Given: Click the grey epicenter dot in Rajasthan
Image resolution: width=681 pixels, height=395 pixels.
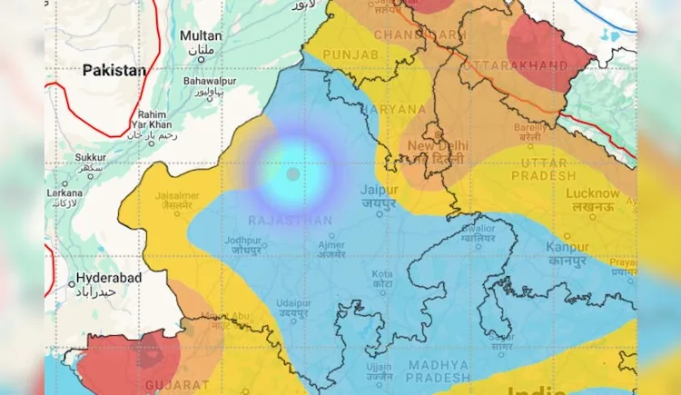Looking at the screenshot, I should (x=292, y=173).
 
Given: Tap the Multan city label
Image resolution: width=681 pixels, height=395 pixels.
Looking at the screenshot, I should (x=201, y=35).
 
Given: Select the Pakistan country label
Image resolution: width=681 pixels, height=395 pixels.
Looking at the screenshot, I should (x=113, y=70).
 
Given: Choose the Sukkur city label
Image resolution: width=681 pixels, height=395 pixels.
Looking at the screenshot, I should (x=90, y=157).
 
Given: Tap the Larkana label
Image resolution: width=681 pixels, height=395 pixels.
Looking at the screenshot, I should (x=65, y=193).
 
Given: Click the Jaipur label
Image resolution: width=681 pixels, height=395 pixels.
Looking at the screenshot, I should (x=379, y=190).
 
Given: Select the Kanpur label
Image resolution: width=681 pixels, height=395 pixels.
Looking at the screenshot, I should (x=568, y=247).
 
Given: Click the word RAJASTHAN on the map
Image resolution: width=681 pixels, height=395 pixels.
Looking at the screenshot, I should (x=290, y=221).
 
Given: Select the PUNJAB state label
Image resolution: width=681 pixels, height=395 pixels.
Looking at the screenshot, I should (x=350, y=55).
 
